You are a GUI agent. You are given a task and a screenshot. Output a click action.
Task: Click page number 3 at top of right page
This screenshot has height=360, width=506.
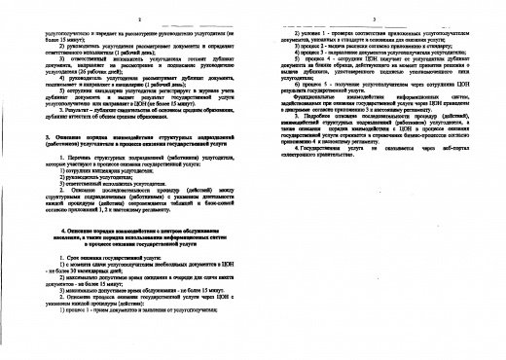point(374,18)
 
